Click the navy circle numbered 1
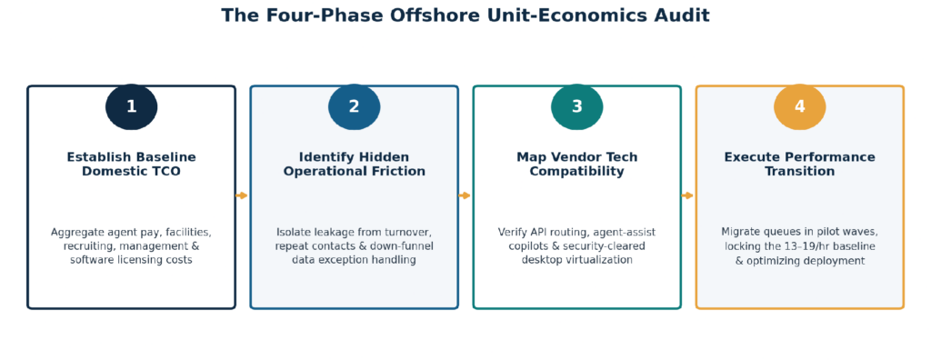[x=131, y=107]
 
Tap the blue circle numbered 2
[x=354, y=107]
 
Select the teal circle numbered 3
[x=577, y=107]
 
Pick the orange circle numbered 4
[x=800, y=107]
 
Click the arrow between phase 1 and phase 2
[x=242, y=195]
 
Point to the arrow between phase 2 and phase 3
[x=465, y=195]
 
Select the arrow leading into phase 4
[x=687, y=195]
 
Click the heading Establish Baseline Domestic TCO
[x=131, y=165]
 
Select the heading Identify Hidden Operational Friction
[x=354, y=165]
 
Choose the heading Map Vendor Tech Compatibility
[x=577, y=165]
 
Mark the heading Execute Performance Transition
[x=800, y=165]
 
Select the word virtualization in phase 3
[x=604, y=260]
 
